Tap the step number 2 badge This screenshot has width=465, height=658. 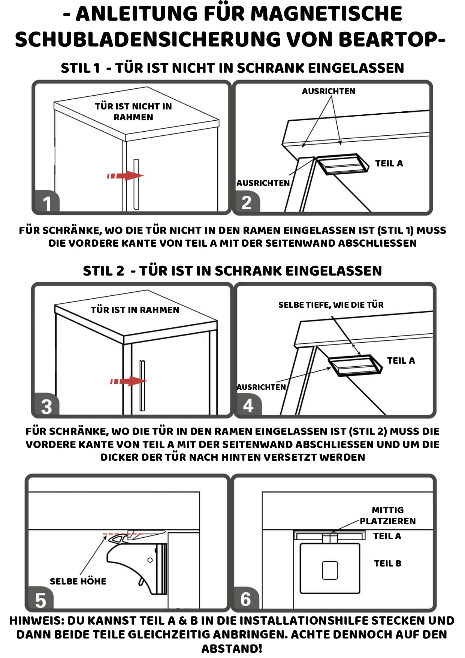coord(247,203)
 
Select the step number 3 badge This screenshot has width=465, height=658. coord(46,406)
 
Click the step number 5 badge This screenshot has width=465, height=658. coord(40,600)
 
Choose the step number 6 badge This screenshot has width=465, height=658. coord(246,599)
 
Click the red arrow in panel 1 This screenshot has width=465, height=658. coord(125,175)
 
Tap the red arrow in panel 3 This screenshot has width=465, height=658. coord(128,381)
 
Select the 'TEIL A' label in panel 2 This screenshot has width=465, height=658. coord(389,163)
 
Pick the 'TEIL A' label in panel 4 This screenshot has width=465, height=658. coord(401,361)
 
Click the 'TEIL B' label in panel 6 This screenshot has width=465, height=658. coord(387,564)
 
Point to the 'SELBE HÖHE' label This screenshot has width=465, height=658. coord(78,582)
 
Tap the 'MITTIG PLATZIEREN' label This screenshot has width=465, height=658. coord(388,516)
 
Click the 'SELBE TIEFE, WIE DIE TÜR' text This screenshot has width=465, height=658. coord(331,305)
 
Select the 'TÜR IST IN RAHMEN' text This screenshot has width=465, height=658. coord(135,310)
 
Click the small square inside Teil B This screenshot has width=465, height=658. coord(330,570)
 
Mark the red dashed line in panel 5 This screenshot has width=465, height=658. coord(123,534)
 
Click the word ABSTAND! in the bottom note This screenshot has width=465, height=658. coord(232,649)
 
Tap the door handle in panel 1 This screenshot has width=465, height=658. coord(136,184)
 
